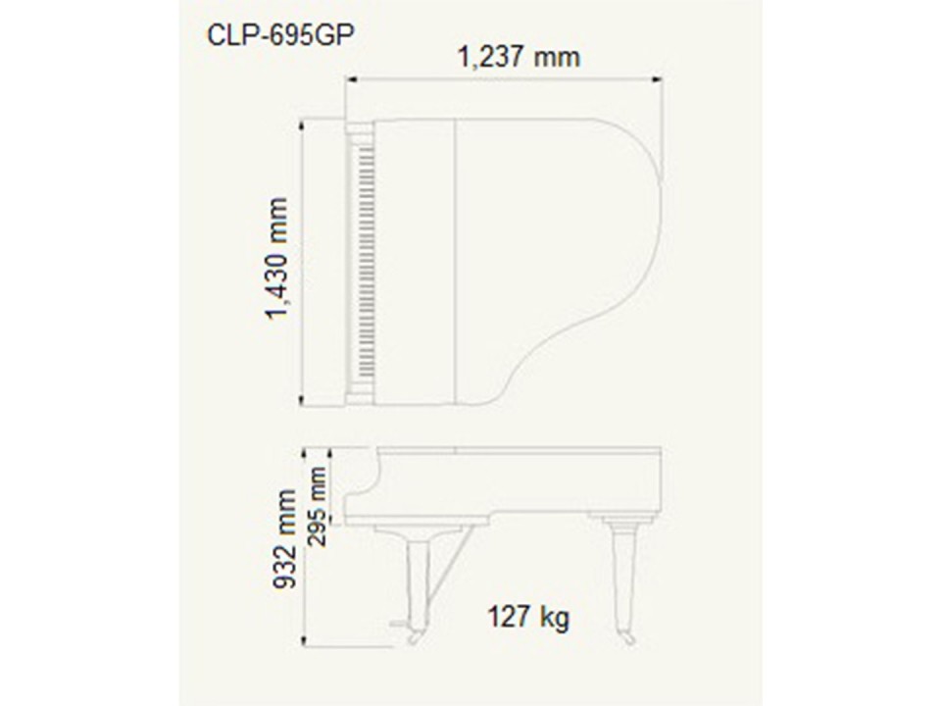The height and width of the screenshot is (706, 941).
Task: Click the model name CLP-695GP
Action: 268,34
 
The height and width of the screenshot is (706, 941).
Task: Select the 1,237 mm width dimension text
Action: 519,57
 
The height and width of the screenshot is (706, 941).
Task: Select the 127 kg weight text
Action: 528,617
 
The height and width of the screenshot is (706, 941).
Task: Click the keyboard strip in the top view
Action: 365,263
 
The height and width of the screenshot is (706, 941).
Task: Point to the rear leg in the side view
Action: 621,579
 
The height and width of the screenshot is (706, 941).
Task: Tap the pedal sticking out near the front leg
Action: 396,625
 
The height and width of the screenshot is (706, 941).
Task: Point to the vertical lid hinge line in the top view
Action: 455,263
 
